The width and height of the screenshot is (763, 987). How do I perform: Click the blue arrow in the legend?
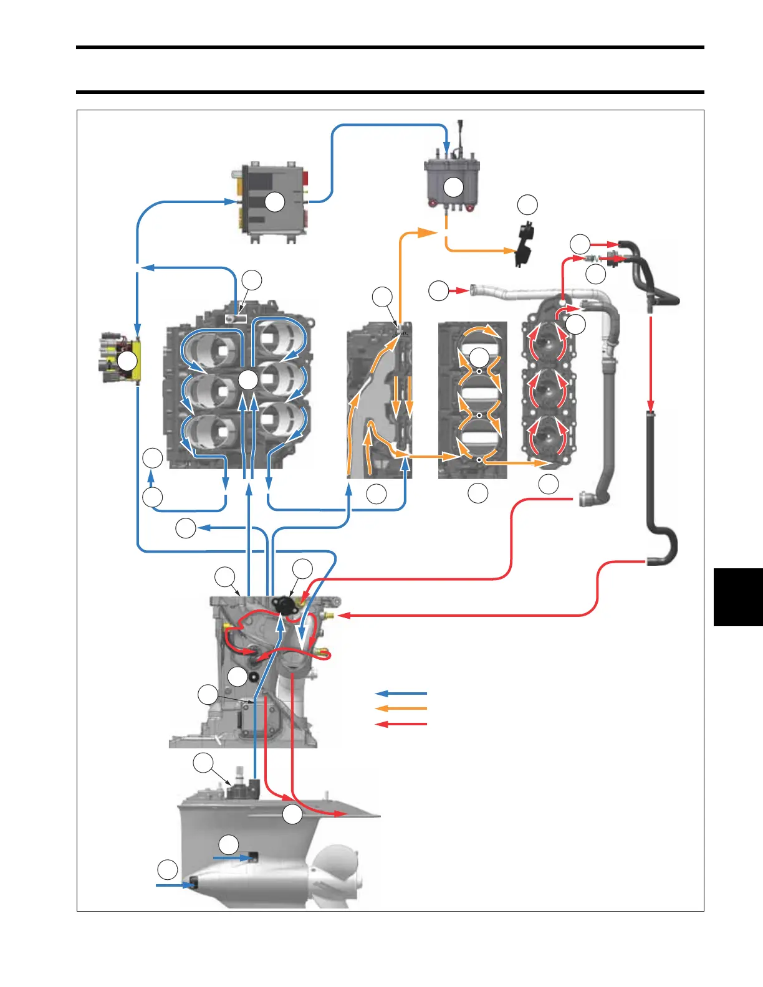tap(401, 693)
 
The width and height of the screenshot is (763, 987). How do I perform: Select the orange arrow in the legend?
tap(401, 708)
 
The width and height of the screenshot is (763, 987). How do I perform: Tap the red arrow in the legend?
tap(401, 724)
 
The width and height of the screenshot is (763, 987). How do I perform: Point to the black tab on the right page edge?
tap(738, 596)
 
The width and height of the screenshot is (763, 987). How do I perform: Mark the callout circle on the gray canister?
tap(453, 186)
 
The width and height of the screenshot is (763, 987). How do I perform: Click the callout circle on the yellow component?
tap(127, 361)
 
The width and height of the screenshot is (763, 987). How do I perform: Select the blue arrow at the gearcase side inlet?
tap(234, 858)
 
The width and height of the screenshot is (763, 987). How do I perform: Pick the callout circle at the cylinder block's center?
tap(248, 380)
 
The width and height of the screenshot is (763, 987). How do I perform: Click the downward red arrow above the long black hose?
tap(651, 361)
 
